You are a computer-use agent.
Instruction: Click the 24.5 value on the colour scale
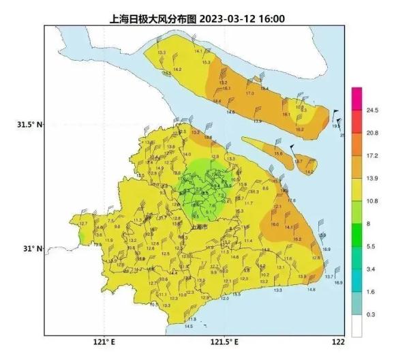(372, 110)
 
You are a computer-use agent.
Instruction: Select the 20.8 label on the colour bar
(372, 133)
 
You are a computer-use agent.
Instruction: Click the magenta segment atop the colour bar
(357, 95)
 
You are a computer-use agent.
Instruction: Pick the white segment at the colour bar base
(357, 327)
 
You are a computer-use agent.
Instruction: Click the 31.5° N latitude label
(29, 124)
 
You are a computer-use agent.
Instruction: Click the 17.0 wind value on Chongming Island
(249, 93)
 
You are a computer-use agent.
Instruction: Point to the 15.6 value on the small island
(278, 154)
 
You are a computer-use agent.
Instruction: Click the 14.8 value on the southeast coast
(312, 290)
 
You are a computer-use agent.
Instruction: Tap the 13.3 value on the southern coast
(277, 290)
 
